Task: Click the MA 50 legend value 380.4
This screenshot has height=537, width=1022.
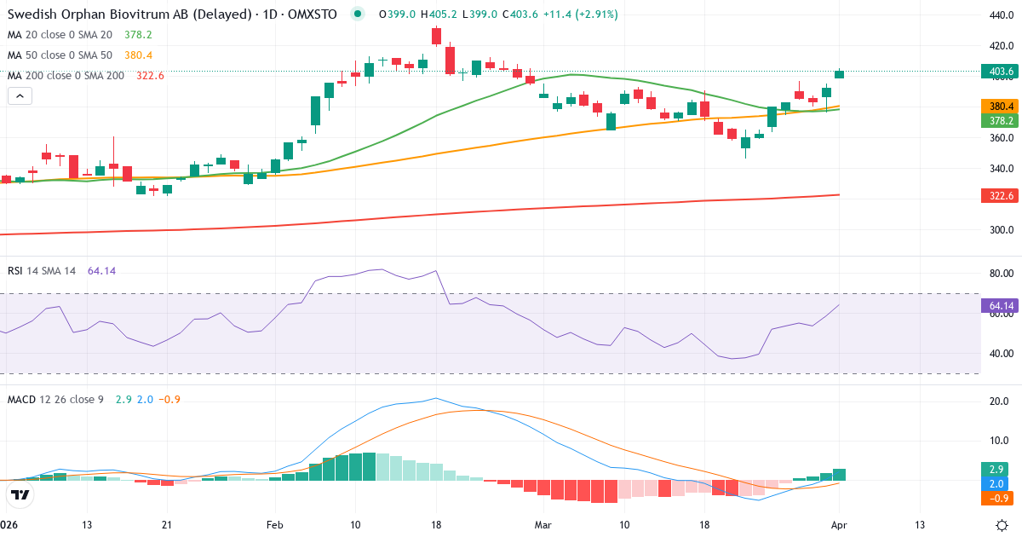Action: (138, 55)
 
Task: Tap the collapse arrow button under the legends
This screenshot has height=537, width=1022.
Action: (20, 96)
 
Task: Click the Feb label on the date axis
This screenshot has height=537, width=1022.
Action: (274, 524)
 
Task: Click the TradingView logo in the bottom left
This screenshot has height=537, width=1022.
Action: (20, 495)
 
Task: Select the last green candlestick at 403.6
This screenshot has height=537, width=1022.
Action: (840, 74)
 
